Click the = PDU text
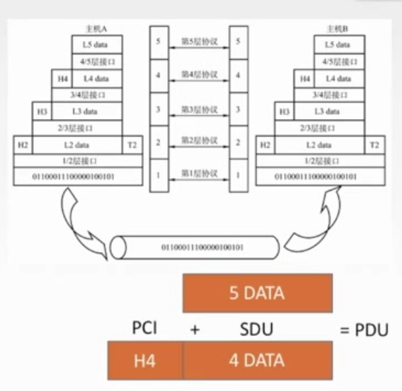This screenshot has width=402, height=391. (x=363, y=329)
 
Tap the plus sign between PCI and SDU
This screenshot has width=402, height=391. (x=195, y=329)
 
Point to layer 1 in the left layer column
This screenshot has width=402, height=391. (x=158, y=175)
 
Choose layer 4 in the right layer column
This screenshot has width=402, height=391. (x=237, y=75)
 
